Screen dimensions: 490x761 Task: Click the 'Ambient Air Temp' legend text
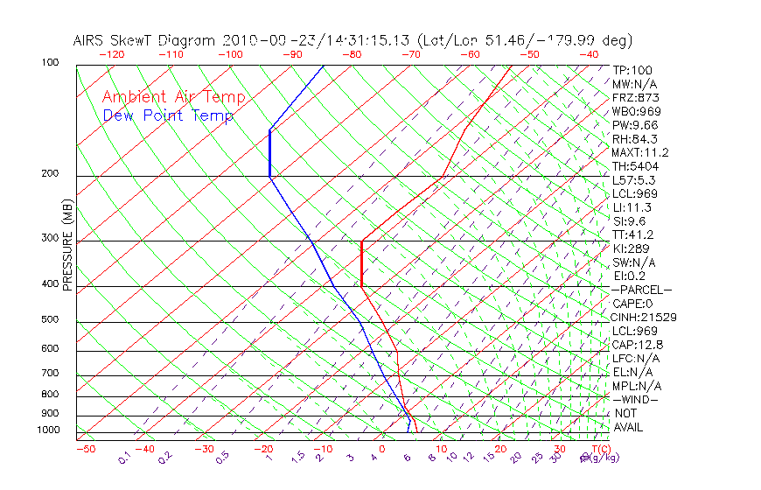173,97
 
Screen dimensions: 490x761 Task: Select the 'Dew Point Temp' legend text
167,115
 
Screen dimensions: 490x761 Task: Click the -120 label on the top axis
111,54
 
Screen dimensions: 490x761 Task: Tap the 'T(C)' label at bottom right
596,449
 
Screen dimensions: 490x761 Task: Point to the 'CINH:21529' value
645,317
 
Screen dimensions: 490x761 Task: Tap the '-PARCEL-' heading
641,290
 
